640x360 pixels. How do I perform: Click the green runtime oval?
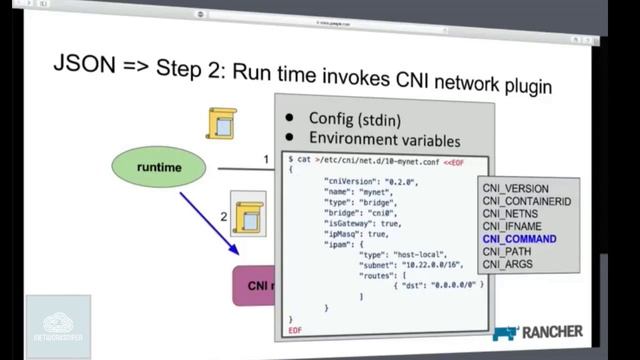tap(159, 168)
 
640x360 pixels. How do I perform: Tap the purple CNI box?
tap(253, 286)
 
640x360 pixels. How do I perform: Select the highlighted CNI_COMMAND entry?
tap(519, 240)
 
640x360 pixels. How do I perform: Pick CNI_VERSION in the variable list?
tap(515, 188)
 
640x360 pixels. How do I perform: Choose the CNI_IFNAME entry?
tap(513, 227)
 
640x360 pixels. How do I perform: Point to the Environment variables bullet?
tap(384, 140)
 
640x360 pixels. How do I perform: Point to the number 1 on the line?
tap(266, 159)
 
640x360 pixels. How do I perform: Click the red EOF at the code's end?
tap(295, 330)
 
